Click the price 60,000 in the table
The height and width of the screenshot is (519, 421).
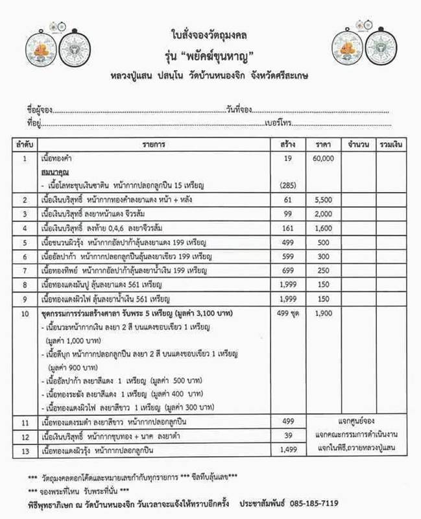click(322, 158)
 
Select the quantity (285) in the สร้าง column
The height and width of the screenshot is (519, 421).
click(288, 185)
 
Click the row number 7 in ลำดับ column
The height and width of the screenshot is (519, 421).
click(25, 270)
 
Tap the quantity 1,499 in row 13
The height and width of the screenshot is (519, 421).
click(288, 449)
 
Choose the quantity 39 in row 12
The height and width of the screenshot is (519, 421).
click(288, 435)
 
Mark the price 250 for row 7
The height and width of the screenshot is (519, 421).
click(322, 270)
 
